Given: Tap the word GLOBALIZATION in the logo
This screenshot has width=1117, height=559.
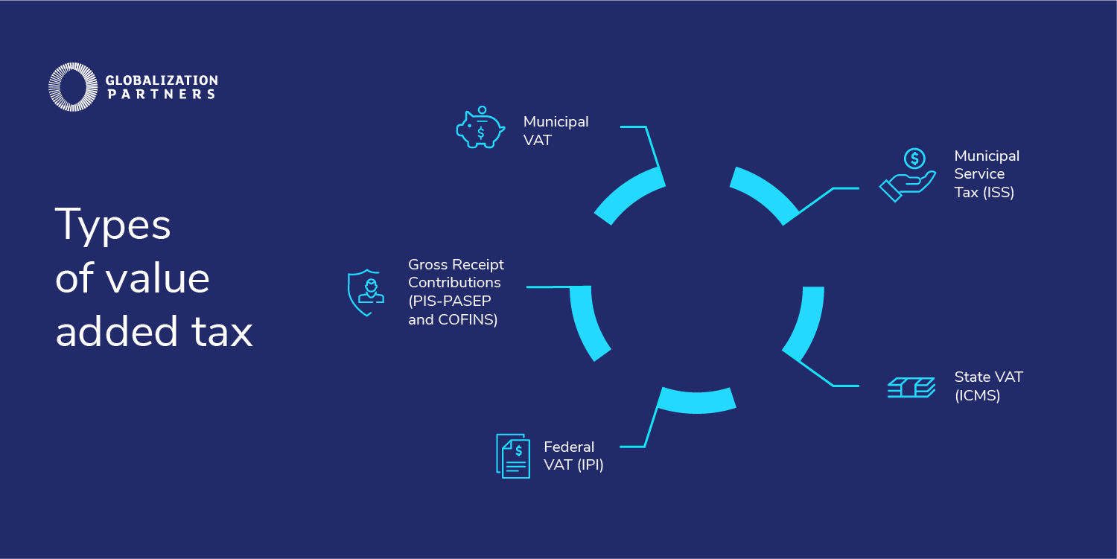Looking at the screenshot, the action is [x=162, y=80].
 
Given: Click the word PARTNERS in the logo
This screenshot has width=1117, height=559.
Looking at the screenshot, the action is [x=162, y=95].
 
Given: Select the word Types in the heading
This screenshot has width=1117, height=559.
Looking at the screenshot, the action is [x=112, y=226].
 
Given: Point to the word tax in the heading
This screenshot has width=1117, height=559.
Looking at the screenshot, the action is [x=222, y=332].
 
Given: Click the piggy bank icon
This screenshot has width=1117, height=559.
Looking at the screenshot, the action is [x=480, y=127].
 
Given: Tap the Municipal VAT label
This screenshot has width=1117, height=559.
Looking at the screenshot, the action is [x=556, y=131].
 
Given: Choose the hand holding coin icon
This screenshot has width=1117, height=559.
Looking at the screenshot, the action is [x=908, y=175].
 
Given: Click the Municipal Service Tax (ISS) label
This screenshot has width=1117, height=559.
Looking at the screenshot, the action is [x=987, y=174].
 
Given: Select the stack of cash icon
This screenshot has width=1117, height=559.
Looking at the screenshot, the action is [x=911, y=388].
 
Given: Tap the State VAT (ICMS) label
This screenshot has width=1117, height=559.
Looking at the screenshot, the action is [x=988, y=386].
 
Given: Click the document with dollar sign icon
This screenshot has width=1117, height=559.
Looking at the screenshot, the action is [x=513, y=456].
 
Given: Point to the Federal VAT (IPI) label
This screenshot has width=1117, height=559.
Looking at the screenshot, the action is [x=573, y=456].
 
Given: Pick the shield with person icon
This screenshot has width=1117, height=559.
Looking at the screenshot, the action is [x=366, y=293].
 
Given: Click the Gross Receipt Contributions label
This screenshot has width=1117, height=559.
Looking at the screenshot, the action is [x=456, y=292].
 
